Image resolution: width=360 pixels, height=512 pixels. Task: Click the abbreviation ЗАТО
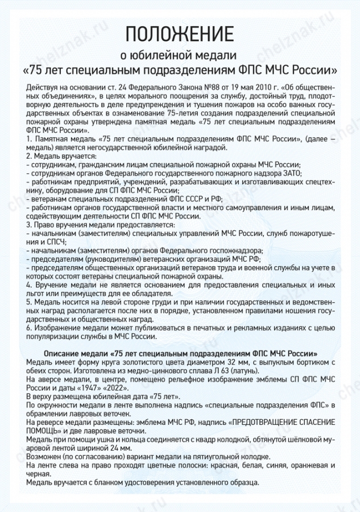point(291,173)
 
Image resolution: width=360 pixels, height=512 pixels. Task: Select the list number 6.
point(28,328)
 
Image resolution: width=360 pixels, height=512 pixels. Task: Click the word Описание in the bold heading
point(60,353)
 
